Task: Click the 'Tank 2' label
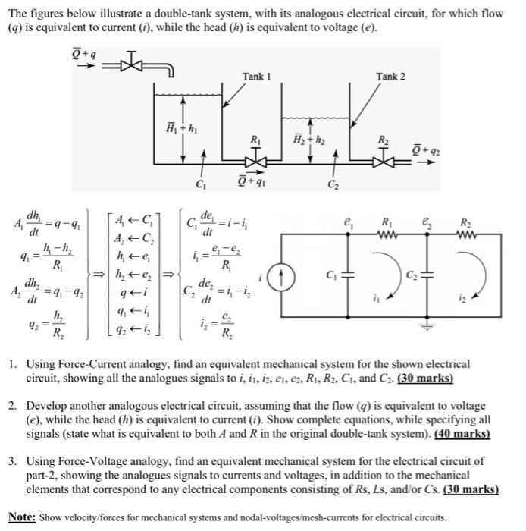390,77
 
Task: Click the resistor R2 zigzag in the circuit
465,232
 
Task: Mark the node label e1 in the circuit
349,222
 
